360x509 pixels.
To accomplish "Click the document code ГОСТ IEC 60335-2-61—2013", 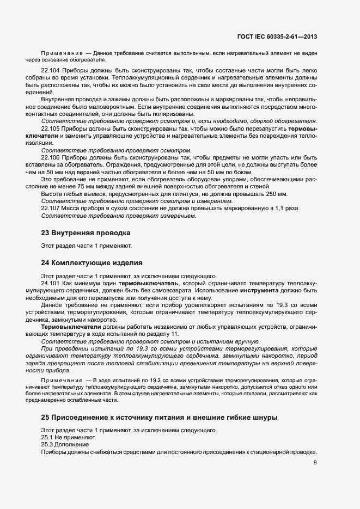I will [x=278, y=37].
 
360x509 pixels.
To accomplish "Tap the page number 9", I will [x=315, y=463].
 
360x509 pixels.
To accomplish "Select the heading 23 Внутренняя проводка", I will [x=86, y=233].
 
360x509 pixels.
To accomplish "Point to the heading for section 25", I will [x=159, y=418].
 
